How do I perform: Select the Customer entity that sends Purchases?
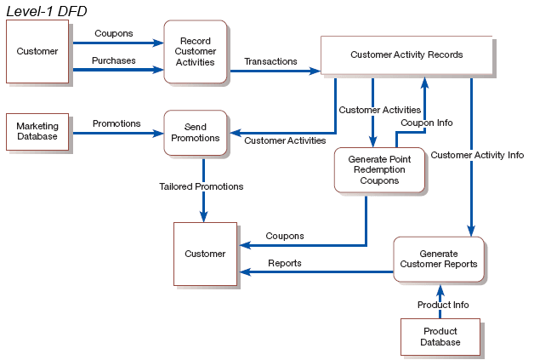pyautogui.click(x=37, y=51)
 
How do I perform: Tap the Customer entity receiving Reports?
pyautogui.click(x=205, y=254)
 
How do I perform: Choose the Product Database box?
pyautogui.click(x=440, y=337)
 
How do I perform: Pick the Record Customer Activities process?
pyautogui.click(x=195, y=51)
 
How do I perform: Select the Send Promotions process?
pyautogui.click(x=195, y=132)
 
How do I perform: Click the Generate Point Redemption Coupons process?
pyautogui.click(x=379, y=169)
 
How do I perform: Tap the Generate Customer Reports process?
pyautogui.click(x=439, y=259)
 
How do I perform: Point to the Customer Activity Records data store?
pyautogui.click(x=406, y=55)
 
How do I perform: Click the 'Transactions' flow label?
pyautogui.click(x=270, y=61)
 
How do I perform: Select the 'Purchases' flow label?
pyautogui.click(x=114, y=60)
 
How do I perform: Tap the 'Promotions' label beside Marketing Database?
pyautogui.click(x=116, y=123)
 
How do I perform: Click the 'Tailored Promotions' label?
pyautogui.click(x=202, y=186)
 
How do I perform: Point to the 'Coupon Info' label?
pyautogui.click(x=427, y=123)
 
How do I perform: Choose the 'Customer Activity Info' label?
pyautogui.click(x=477, y=155)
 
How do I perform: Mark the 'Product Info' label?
pyautogui.click(x=443, y=305)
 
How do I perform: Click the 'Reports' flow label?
pyautogui.click(x=285, y=263)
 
